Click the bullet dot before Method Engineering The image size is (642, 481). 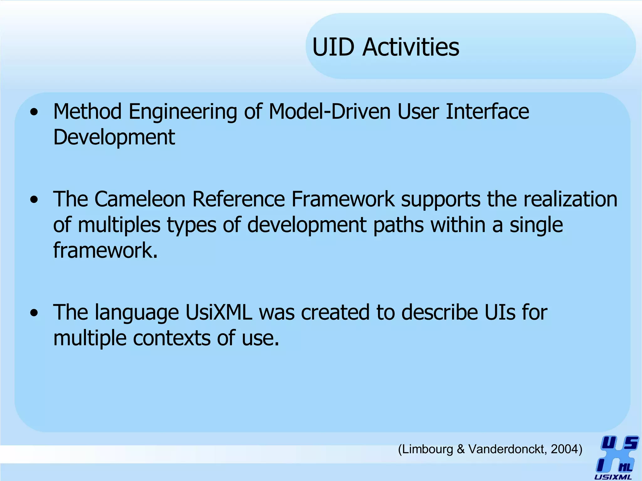coord(34,112)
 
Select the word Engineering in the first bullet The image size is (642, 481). coord(183,112)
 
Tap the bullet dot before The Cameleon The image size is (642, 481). coord(34,200)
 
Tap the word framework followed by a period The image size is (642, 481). coord(105,250)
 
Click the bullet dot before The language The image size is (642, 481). coord(34,313)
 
